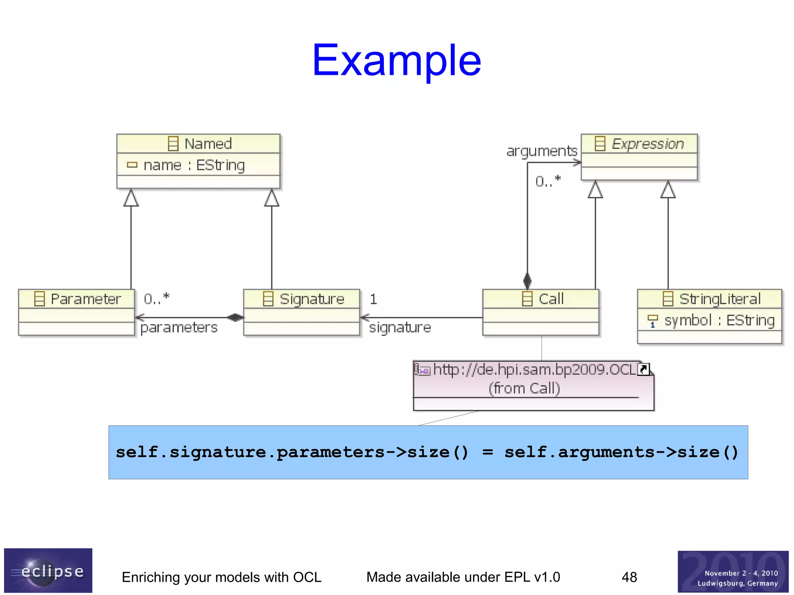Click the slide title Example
point(396,60)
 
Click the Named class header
point(208,144)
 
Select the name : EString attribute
point(194,166)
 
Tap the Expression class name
point(647,144)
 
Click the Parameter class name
point(85,299)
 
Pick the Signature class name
point(312,299)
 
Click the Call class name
point(551,299)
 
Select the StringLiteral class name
point(720,299)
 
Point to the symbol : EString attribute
point(719,321)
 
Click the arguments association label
point(541,151)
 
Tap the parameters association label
point(179,328)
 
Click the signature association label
point(400,328)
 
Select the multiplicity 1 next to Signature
point(373,299)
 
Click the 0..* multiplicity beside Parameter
point(156,299)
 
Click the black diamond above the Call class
point(527,280)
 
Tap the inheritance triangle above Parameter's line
point(131,198)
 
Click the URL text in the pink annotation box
point(534,370)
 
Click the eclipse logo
point(48,570)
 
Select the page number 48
point(629,577)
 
